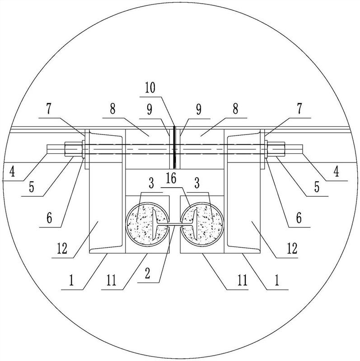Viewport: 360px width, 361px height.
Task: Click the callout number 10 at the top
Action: click(150, 88)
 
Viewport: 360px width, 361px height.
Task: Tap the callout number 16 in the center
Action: click(171, 178)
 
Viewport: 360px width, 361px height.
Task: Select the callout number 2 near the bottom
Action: click(148, 273)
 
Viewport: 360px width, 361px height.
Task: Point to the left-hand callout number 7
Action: click(49, 109)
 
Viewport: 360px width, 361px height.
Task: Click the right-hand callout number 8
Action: click(235, 109)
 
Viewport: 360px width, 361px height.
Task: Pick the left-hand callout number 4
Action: click(12, 171)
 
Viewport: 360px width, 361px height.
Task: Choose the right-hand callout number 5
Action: click(317, 187)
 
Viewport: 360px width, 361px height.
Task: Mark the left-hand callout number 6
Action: click(49, 218)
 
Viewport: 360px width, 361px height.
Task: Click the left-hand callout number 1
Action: click(71, 280)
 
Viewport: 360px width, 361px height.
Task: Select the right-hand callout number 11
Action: click(242, 280)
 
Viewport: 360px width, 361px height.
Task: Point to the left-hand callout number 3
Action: click(151, 183)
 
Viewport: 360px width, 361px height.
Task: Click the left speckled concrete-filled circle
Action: click(147, 225)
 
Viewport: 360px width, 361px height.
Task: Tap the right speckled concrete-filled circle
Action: click(202, 225)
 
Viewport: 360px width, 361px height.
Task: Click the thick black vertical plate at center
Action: click(174, 147)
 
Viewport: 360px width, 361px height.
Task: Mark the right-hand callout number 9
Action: click(198, 110)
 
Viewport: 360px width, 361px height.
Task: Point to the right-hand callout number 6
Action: click(299, 218)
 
